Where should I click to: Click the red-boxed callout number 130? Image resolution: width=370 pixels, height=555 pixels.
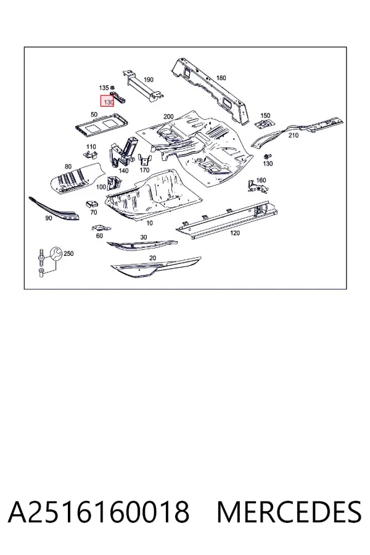[108, 102]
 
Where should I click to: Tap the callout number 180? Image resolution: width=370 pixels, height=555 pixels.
[221, 78]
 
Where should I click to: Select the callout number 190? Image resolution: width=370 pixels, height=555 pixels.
[149, 80]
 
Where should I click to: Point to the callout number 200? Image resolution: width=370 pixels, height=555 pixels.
[168, 117]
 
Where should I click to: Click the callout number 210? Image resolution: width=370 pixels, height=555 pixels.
[294, 135]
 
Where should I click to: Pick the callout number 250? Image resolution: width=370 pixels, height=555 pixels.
[68, 253]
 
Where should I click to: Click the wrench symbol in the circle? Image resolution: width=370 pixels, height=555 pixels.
[55, 254]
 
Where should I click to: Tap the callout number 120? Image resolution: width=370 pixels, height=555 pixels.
[235, 233]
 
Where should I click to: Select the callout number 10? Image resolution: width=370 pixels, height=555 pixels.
[149, 223]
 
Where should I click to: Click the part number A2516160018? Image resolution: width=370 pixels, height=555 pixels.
[99, 512]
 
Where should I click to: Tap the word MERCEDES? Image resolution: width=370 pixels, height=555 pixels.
[289, 512]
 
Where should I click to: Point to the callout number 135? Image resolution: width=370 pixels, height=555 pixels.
[104, 88]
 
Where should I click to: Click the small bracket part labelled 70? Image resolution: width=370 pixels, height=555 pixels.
[92, 203]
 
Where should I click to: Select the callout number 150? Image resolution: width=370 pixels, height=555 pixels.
[265, 115]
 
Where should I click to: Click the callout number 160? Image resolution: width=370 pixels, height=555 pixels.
[261, 180]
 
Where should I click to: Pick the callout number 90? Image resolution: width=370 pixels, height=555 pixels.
[49, 218]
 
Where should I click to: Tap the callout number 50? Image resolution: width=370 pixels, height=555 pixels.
[94, 115]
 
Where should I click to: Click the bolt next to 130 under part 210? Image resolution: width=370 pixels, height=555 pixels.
[266, 156]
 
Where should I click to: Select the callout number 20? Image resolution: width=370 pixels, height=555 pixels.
[152, 258]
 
